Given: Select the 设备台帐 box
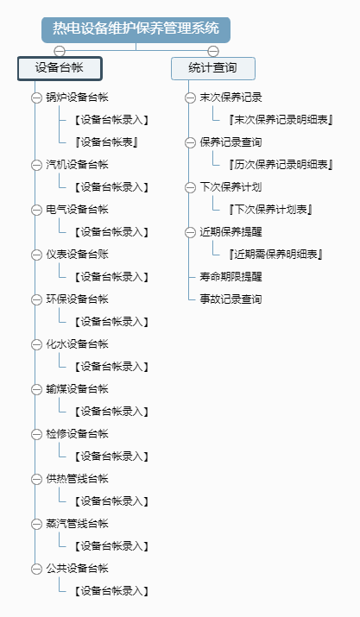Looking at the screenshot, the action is (60, 68).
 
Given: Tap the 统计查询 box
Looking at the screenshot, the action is (213, 68).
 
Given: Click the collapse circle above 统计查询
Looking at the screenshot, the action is (213, 51).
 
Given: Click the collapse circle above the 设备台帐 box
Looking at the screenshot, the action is (60, 51).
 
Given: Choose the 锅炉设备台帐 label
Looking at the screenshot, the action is (77, 98).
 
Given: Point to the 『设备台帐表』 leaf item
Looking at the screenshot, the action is (106, 142).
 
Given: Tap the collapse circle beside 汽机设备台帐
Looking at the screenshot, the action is (36, 165).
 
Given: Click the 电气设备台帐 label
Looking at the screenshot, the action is (77, 210).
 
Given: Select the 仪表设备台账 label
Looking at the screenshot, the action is (77, 255).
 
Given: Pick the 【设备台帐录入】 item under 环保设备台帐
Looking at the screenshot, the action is (111, 322).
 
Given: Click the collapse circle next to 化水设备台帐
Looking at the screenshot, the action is (36, 344).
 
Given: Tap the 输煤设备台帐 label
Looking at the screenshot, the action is (77, 389).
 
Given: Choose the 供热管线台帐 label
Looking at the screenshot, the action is (77, 478).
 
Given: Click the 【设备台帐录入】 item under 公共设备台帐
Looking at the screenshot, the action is (111, 590).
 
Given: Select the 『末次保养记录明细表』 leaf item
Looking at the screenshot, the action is (281, 120).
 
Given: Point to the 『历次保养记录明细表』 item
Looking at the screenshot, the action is (281, 165).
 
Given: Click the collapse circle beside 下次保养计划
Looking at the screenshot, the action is (190, 187).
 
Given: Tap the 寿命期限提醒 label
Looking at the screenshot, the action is (231, 277).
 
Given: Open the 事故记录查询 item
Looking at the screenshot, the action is (231, 299).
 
